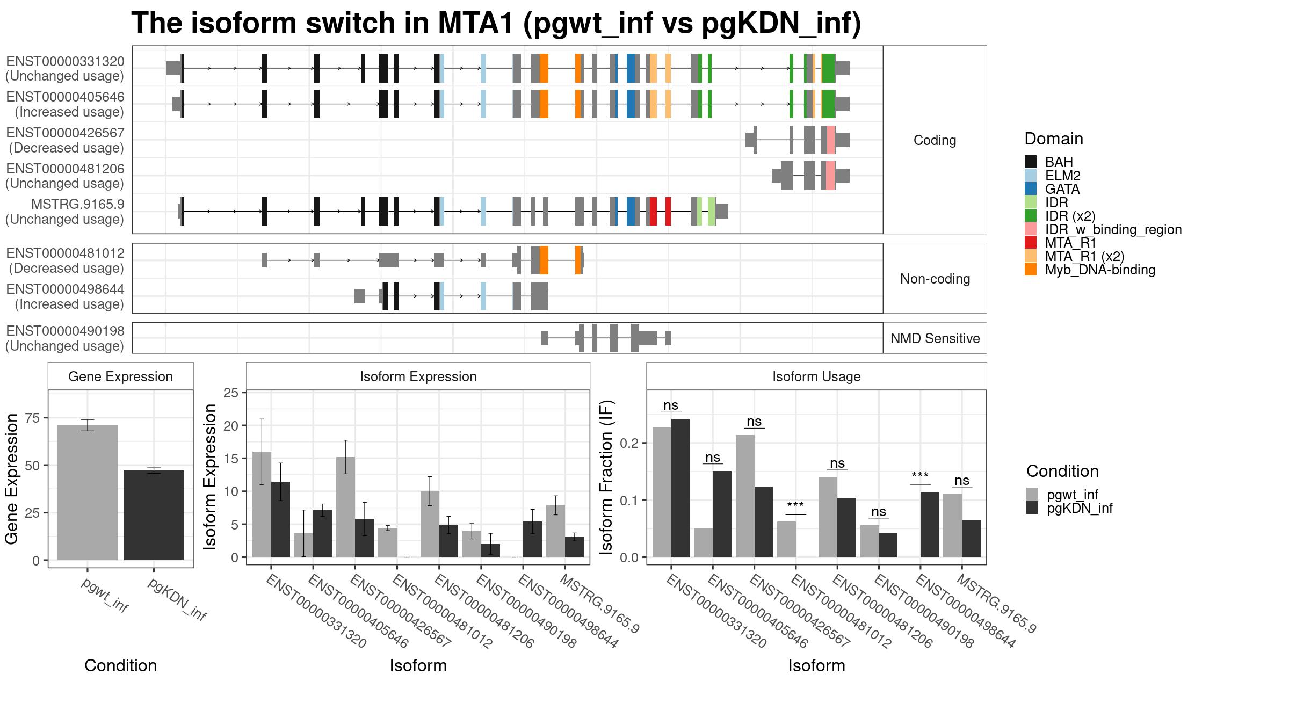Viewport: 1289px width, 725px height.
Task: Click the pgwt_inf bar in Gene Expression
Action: (x=88, y=492)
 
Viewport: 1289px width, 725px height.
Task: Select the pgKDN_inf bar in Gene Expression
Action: (x=154, y=515)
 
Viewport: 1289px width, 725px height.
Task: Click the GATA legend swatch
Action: (x=1031, y=189)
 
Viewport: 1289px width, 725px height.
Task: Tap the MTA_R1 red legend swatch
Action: (x=1031, y=243)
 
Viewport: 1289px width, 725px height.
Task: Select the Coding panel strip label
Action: (x=935, y=140)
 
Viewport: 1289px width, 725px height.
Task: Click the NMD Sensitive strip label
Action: (x=935, y=338)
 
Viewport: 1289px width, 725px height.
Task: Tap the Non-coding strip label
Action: (x=935, y=279)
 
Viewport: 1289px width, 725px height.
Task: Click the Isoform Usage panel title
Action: (x=816, y=376)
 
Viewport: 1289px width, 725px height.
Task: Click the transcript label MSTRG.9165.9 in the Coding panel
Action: (x=77, y=205)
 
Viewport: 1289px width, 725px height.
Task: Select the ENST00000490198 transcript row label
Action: (x=65, y=331)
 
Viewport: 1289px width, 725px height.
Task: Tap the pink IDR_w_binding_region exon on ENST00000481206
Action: (x=831, y=175)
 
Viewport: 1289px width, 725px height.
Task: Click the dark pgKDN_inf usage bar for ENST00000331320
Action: (x=680, y=488)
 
